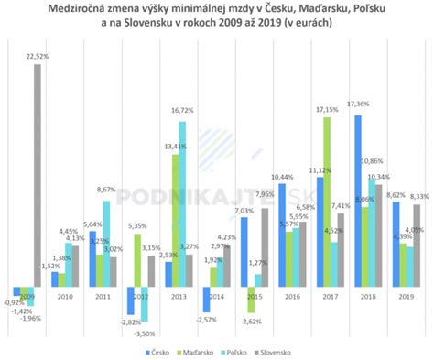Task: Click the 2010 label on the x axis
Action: coord(63,296)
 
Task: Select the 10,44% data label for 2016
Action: coord(280,177)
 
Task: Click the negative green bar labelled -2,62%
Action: coord(250,300)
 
